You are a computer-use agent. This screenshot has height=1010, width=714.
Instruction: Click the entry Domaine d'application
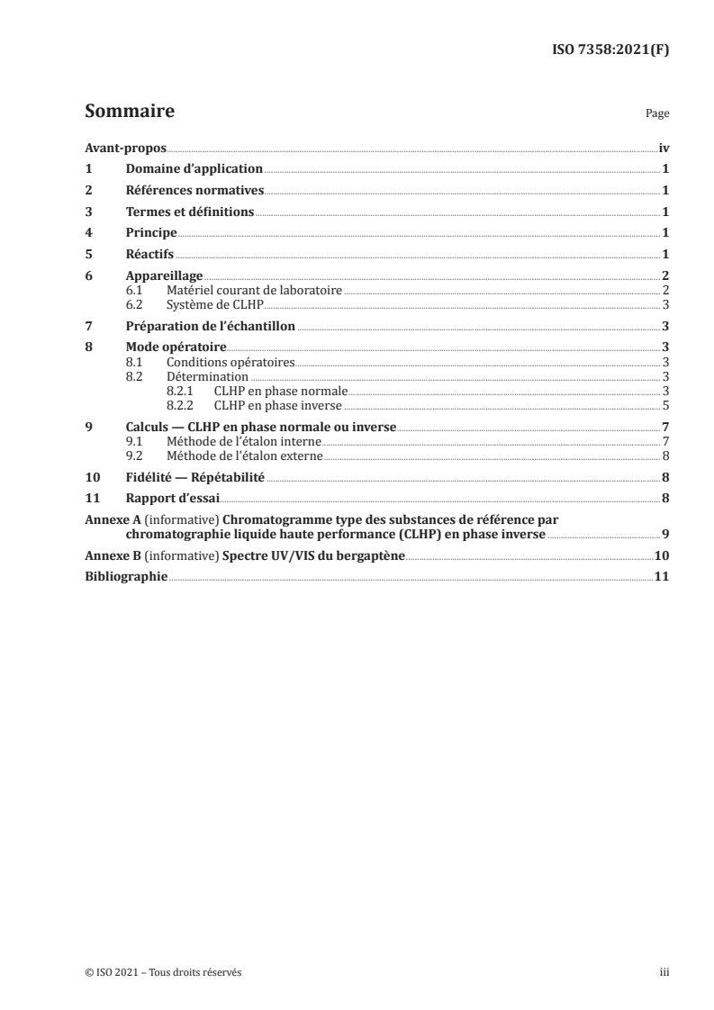pos(194,168)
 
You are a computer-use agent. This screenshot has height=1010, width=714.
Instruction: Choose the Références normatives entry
pos(194,190)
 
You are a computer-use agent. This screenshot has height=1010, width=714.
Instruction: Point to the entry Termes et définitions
pos(190,212)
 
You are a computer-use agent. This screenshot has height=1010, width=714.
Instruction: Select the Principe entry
pos(151,232)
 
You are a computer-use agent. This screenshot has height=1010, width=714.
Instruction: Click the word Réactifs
pos(149,254)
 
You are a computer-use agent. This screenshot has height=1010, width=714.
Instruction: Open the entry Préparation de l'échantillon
pos(210,326)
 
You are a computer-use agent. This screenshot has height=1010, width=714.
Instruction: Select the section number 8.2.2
pos(181,404)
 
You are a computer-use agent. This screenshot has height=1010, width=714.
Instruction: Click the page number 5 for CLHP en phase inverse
pos(664,404)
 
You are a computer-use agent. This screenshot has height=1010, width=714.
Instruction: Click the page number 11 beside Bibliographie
pos(661,577)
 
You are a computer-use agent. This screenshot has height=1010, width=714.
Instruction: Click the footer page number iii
pos(664,972)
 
